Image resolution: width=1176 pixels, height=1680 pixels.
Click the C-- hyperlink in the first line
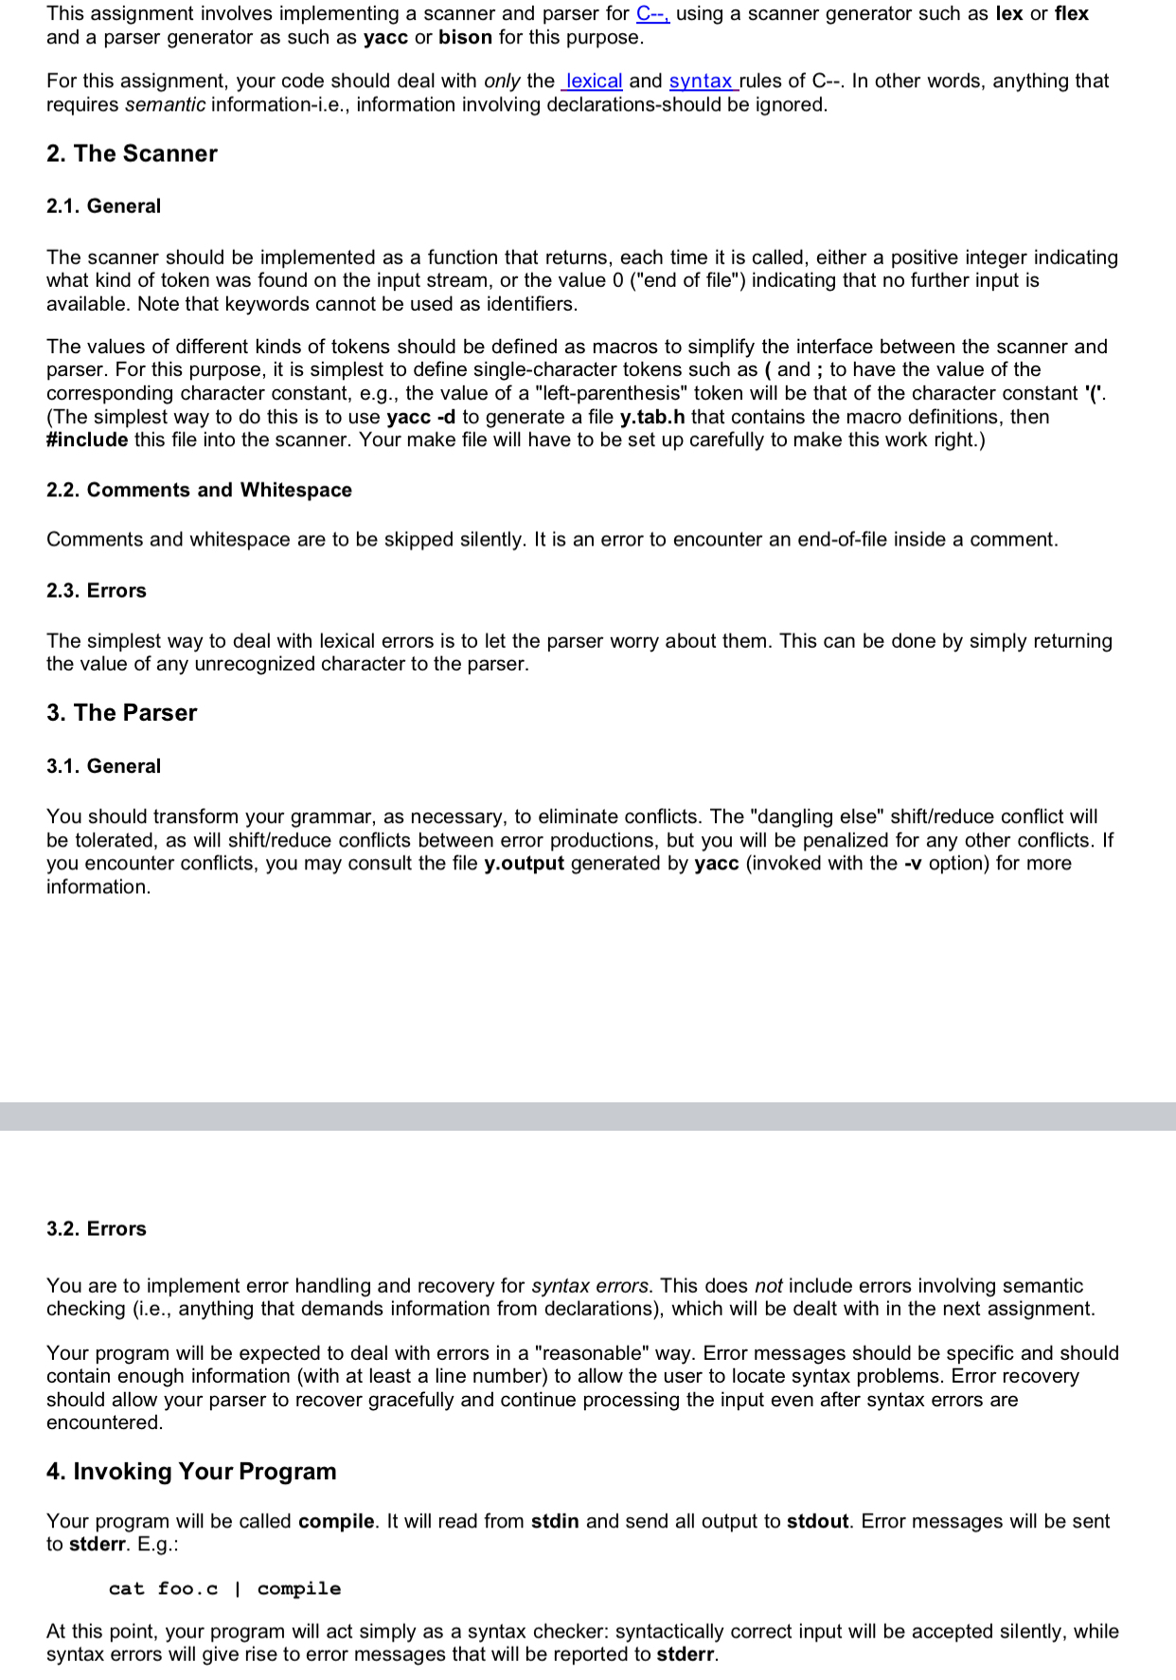point(652,14)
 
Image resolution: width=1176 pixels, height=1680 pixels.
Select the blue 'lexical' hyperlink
point(593,81)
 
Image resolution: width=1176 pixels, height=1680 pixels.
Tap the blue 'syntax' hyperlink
point(701,81)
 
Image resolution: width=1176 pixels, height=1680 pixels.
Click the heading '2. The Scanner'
point(132,153)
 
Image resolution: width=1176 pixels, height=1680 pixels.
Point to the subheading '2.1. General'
point(103,206)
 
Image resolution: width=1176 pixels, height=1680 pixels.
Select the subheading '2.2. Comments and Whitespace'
point(199,491)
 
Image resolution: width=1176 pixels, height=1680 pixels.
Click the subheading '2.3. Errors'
point(97,591)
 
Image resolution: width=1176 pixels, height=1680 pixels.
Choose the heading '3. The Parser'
point(121,713)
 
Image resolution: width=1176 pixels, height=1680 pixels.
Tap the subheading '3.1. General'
point(103,766)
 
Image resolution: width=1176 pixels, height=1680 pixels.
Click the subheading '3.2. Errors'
point(97,1229)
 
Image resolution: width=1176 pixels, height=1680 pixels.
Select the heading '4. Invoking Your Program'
point(191,1472)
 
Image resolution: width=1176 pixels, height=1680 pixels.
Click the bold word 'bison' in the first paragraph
point(465,38)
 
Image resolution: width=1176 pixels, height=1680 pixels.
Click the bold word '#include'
point(87,440)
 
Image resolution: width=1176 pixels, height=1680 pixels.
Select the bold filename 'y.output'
point(524,864)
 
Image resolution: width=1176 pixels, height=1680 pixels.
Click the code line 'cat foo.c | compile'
point(224,1589)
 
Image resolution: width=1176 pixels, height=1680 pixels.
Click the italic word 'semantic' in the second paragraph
point(165,105)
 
